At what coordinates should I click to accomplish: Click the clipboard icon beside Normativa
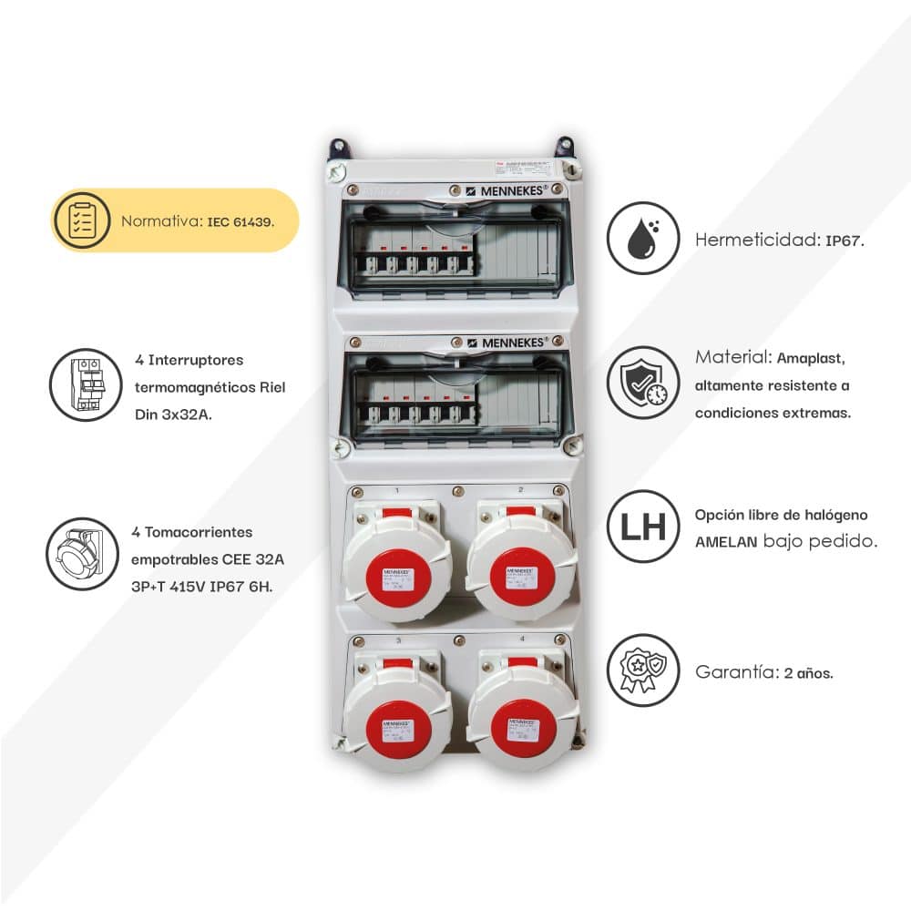coord(83,221)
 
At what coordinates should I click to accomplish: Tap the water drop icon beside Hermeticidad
coord(643,238)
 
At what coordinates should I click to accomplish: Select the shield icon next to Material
coord(643,383)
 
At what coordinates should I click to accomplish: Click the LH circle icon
coord(643,527)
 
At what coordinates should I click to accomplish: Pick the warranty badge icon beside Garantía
coord(643,670)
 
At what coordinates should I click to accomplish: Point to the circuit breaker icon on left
coord(85,384)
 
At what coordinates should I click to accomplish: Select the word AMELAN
coord(727,541)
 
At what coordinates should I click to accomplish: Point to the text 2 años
coord(808,674)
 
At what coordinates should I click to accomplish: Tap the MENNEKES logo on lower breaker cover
coord(508,342)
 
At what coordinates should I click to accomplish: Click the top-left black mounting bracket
coord(340,148)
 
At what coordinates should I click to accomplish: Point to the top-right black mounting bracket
coord(564,147)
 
